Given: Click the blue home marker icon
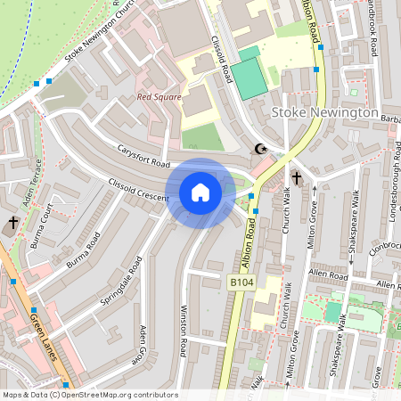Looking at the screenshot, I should (x=200, y=192).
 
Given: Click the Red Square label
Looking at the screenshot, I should (x=159, y=97).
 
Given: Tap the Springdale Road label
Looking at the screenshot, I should (x=121, y=279).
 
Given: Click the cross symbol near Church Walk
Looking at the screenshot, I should (x=296, y=179).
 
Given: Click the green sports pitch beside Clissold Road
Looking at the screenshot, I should (x=251, y=73).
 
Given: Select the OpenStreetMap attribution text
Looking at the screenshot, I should (x=90, y=395).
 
